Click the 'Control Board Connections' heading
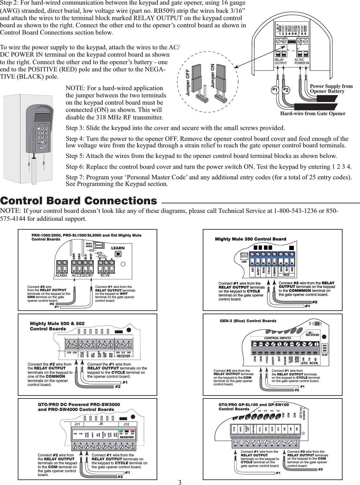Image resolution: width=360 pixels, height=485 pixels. tap(79, 201)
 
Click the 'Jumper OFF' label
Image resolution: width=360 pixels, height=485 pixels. tap(188, 82)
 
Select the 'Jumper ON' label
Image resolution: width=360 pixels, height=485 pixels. tap(212, 76)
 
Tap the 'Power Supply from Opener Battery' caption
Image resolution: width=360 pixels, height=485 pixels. tap(331, 89)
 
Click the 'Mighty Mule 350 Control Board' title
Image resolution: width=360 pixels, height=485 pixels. tap(250, 239)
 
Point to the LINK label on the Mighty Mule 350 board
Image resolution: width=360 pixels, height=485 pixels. tap(244, 262)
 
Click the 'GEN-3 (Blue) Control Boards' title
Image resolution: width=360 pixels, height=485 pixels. tap(248, 320)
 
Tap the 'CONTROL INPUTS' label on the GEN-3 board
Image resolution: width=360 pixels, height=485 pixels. tap(277, 338)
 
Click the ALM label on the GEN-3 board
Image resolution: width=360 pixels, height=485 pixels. tap(324, 355)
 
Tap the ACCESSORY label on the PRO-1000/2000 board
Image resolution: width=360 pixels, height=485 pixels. tap(82, 276)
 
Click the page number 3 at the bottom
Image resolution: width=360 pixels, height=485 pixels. tap(180, 482)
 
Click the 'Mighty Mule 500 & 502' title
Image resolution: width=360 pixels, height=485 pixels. tap(57, 324)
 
